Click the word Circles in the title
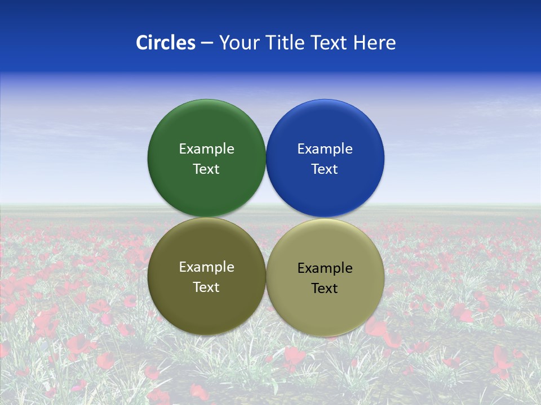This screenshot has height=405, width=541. [166, 43]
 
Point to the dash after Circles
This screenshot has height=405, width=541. [207, 43]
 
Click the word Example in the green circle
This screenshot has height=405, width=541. [206, 149]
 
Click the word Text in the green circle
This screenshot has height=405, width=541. [206, 169]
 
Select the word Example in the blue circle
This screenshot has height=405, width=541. [325, 149]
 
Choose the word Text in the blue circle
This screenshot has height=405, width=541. [325, 169]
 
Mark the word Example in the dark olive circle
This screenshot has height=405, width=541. [206, 267]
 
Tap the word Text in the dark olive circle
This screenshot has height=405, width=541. [206, 287]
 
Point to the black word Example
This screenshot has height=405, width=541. [325, 268]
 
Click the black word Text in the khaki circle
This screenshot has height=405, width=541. [325, 289]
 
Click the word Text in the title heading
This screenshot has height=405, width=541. [330, 43]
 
